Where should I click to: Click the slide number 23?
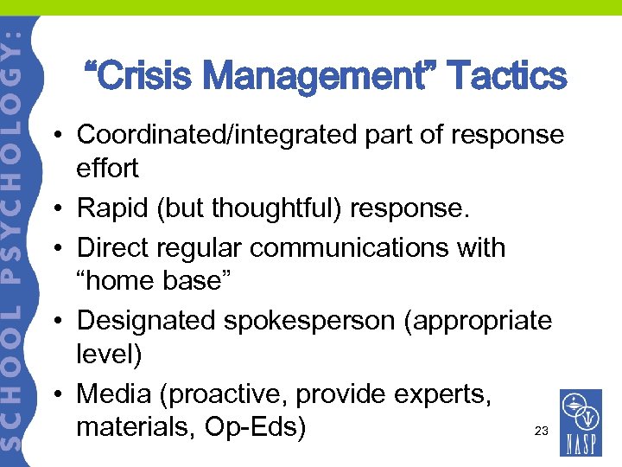(542, 431)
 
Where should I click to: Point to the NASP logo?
(581, 424)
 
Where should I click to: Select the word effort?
(107, 168)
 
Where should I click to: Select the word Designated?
(146, 321)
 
